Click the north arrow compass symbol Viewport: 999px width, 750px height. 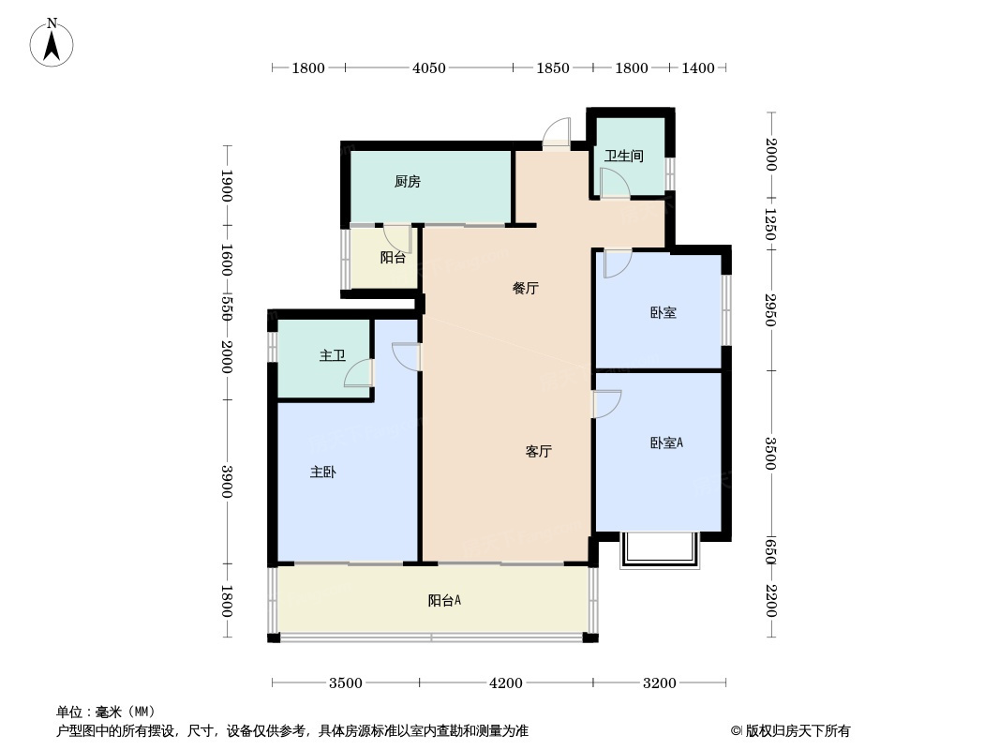coord(52,42)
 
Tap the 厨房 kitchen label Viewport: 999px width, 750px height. coord(407,182)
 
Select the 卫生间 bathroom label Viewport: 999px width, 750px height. coord(623,156)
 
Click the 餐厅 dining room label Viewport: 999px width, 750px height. coord(525,289)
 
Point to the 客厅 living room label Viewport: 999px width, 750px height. coord(538,452)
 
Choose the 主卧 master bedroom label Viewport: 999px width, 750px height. coord(322,472)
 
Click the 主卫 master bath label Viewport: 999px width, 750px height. coord(332,356)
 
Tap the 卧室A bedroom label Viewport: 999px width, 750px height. coord(665,442)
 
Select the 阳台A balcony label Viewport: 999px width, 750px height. coord(444,601)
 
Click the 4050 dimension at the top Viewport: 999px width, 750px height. coord(429,67)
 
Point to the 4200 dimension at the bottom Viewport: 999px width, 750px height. coord(506,683)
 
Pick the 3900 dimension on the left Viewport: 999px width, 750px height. coord(227,482)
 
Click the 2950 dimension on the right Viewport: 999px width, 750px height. coord(770,309)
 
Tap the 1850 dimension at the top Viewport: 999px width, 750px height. coord(553,67)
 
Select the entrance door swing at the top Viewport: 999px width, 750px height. coord(557,132)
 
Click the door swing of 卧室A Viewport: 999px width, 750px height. coord(607,403)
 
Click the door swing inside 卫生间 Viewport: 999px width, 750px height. coord(613,183)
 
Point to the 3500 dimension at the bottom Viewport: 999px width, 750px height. coord(345,683)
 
